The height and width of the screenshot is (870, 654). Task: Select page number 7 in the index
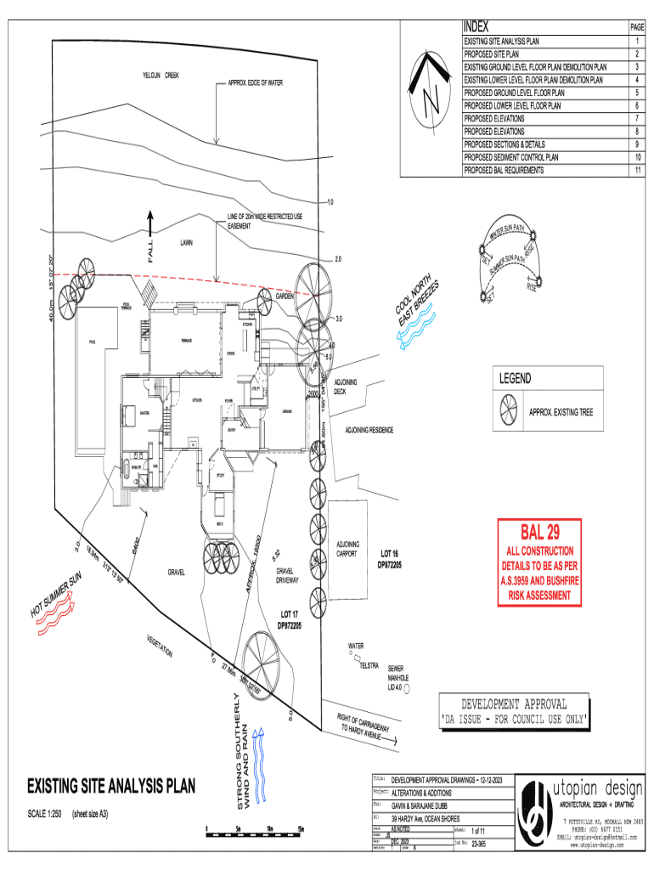(x=634, y=119)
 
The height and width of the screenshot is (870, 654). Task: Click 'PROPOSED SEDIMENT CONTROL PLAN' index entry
(x=510, y=157)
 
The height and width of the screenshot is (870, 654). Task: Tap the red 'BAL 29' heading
(x=541, y=534)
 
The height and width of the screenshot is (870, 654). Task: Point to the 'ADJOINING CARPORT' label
(x=348, y=549)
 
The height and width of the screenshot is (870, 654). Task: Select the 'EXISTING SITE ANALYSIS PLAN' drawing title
(x=110, y=785)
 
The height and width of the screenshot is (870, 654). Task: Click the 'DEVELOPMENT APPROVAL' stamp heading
(x=514, y=704)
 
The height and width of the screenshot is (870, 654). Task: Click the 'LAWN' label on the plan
(x=186, y=242)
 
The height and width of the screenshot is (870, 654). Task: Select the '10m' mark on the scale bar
(x=269, y=829)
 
